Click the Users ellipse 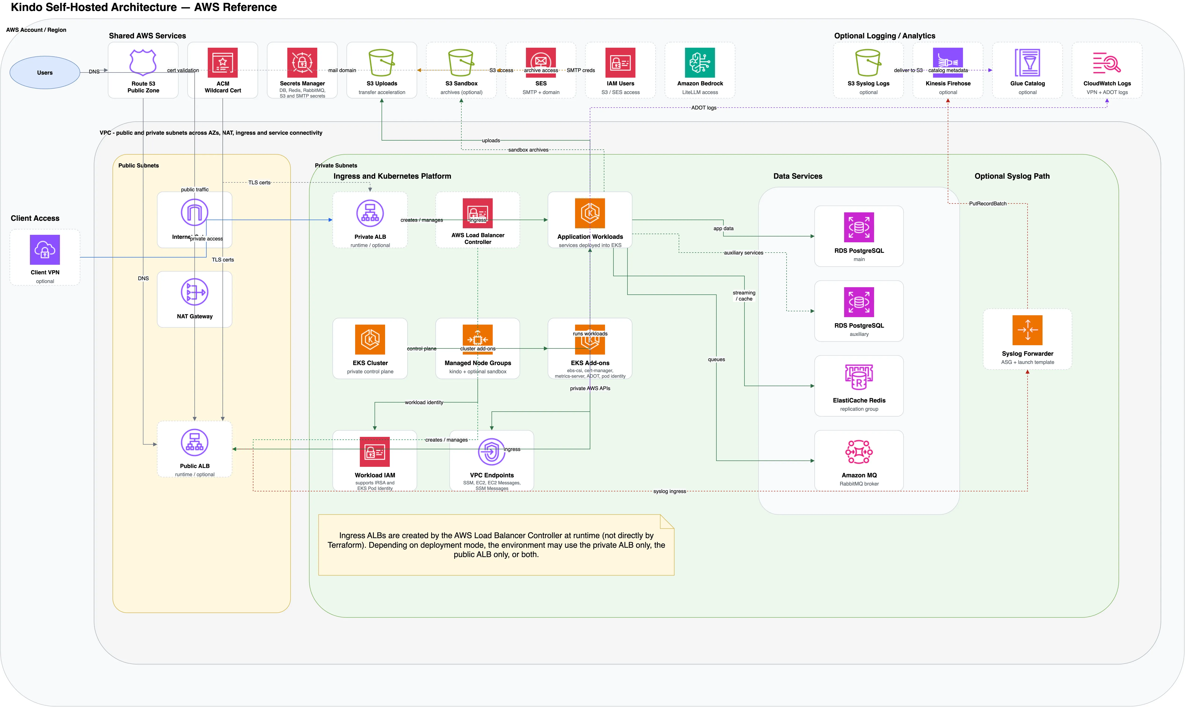45,73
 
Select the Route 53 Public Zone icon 143,62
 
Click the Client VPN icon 45,250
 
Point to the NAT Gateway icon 194,292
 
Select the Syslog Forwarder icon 1027,330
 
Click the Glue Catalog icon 1027,62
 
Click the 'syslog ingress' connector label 669,491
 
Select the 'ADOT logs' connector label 704,108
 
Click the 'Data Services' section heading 798,176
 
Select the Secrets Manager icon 302,62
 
